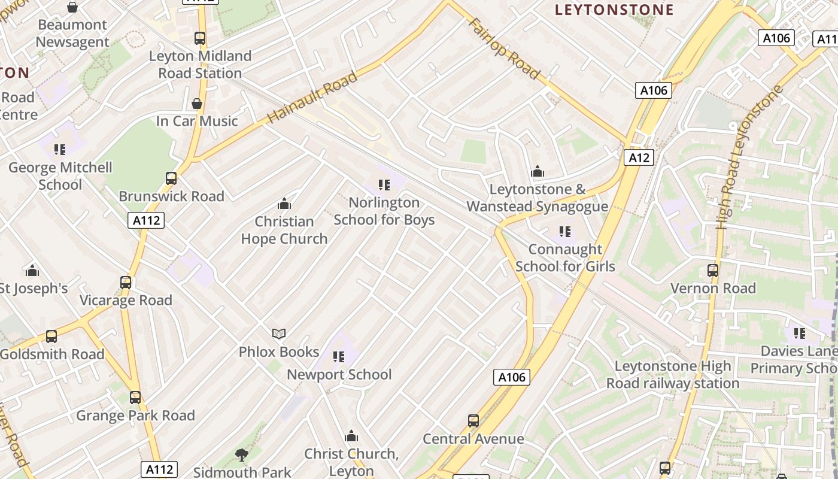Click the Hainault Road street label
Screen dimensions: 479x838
point(312,98)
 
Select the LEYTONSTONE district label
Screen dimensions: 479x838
point(614,10)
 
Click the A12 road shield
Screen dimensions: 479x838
point(639,157)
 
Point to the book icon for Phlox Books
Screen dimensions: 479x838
point(279,334)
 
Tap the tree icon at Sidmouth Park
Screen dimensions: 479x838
point(242,455)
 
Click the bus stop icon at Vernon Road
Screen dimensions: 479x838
point(712,271)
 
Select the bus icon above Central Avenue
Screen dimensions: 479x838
point(473,421)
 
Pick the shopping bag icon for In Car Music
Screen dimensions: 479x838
point(197,104)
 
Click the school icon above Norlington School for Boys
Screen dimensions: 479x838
point(384,185)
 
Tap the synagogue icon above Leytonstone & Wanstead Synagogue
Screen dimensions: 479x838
point(538,172)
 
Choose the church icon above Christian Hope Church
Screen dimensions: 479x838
point(284,204)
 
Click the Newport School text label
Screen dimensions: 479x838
point(339,375)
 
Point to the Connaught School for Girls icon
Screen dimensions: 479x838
point(564,231)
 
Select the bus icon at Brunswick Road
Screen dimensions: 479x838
point(171,178)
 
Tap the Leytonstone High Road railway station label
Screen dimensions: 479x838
point(672,375)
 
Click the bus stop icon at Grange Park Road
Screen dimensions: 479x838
point(135,397)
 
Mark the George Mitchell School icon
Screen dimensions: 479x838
point(60,150)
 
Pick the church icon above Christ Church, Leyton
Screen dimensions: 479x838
point(351,436)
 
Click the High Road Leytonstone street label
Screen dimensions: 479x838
point(749,157)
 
